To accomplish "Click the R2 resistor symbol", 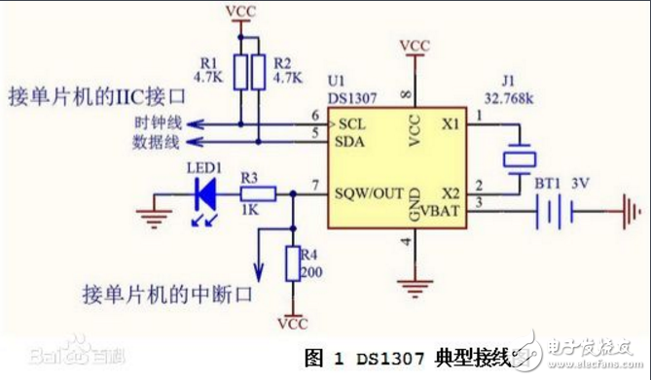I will (x=258, y=71).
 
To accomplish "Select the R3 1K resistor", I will (x=261, y=194).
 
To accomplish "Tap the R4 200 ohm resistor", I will (x=291, y=262).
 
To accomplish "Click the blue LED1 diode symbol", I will (x=206, y=194).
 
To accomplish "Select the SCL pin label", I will (x=352, y=126).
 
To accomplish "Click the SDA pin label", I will (x=353, y=142).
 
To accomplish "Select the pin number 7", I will (x=314, y=185).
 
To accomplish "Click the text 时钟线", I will (x=157, y=124).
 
